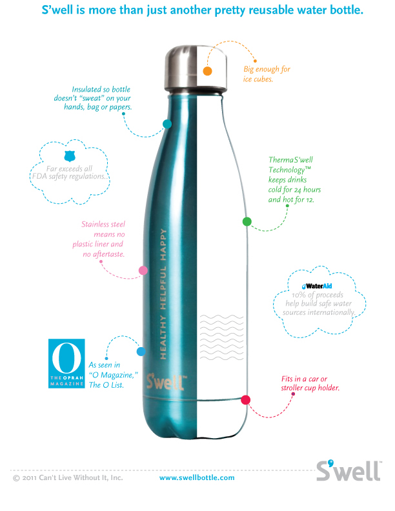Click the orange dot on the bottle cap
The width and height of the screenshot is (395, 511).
[208, 71]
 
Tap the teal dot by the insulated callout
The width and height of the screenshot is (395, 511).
[167, 123]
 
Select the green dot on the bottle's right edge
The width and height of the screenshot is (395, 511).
[247, 221]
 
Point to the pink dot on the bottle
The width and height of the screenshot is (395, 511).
[143, 271]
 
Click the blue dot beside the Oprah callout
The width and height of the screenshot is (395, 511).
[141, 352]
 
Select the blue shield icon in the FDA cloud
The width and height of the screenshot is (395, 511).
[70, 156]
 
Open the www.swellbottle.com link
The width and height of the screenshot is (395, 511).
[197, 478]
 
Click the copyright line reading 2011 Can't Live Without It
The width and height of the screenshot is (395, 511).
[68, 478]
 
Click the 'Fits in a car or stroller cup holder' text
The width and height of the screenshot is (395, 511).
[310, 383]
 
